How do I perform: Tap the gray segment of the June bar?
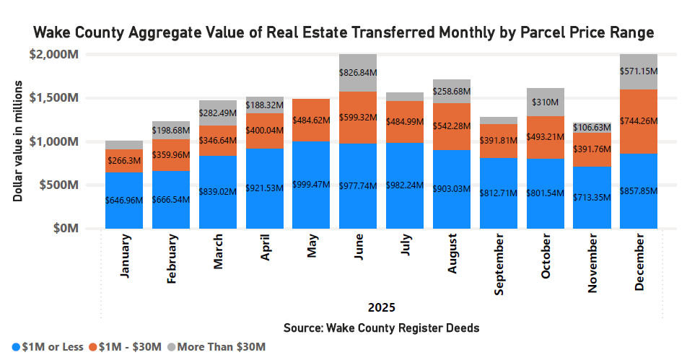tap(358, 73)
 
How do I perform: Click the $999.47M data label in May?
tap(311, 185)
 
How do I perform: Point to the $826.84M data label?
tap(358, 73)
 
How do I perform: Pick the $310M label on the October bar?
tap(546, 102)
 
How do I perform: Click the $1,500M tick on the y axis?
tap(56, 98)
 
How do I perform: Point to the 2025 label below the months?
tap(381, 307)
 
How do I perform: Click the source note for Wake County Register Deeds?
tap(381, 328)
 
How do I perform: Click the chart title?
tap(343, 33)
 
